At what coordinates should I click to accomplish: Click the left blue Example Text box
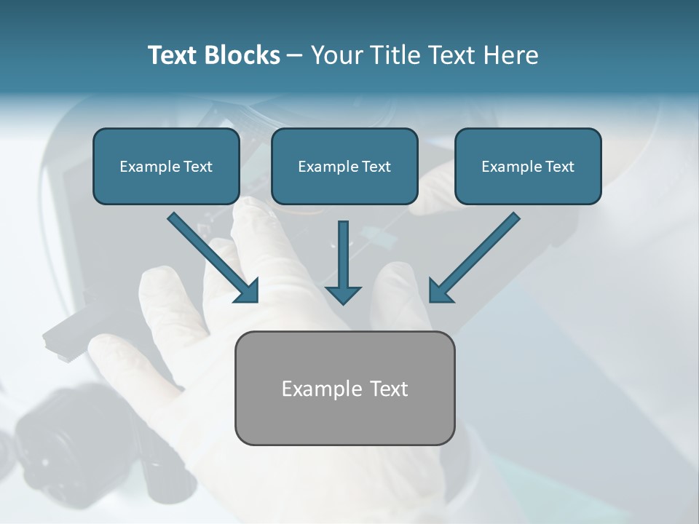click(166, 167)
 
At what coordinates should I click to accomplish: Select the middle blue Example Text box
click(344, 167)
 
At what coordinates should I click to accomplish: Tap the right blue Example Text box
click(528, 167)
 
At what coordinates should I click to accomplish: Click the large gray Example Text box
click(344, 389)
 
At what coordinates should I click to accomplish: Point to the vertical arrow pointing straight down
click(343, 262)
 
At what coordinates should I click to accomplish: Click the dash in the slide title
click(295, 56)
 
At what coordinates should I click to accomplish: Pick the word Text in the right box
click(559, 167)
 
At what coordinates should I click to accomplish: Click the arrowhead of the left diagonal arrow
click(248, 292)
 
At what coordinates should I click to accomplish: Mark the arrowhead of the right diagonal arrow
click(440, 292)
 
